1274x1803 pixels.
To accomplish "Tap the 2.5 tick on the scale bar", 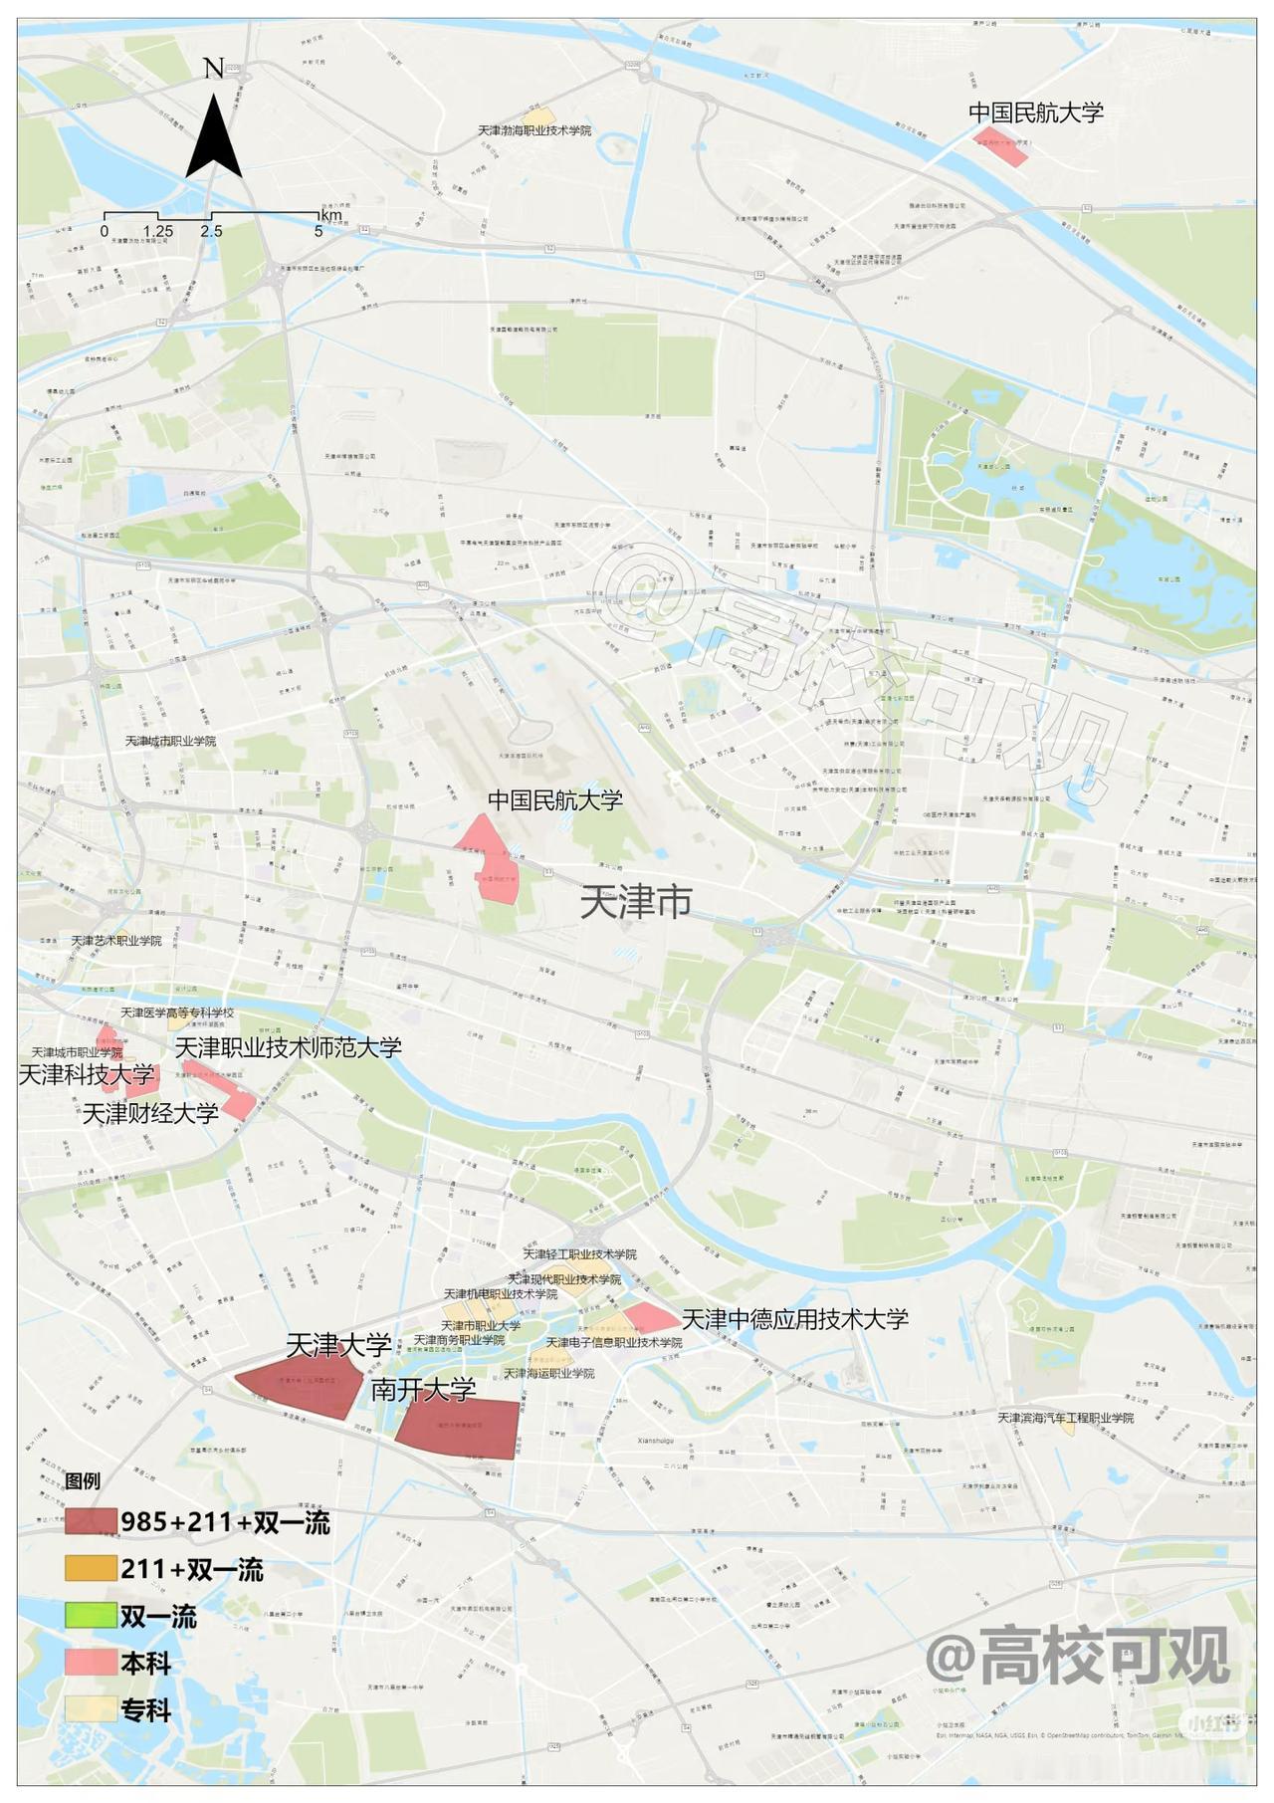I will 211,231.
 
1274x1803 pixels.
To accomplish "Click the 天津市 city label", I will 635,902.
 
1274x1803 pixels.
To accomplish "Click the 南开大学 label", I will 423,1390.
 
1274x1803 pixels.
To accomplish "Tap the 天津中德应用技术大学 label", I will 794,1319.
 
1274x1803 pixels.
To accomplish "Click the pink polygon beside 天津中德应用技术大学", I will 650,1318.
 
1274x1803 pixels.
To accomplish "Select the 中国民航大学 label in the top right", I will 1036,113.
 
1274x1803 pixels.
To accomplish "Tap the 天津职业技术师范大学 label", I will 289,1046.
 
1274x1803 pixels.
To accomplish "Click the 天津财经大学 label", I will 149,1113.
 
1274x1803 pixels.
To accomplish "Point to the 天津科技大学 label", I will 87,1075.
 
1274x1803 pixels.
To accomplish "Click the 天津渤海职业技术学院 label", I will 533,130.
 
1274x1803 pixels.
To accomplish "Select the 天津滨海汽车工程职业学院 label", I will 1065,1417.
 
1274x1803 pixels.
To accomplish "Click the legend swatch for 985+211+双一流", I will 91,1522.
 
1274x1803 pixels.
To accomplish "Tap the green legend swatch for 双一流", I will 91,1616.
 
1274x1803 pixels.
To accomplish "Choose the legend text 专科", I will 145,1710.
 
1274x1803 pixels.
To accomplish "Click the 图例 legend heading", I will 83,1480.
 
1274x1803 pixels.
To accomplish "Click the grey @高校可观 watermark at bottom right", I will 1077,1656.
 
